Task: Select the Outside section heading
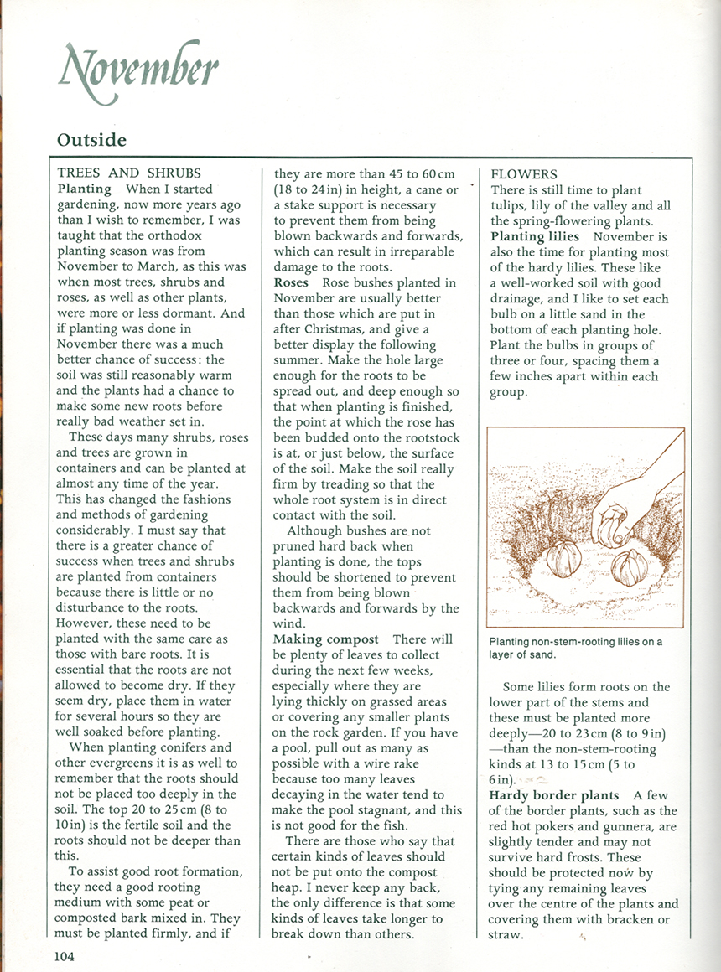[x=91, y=140]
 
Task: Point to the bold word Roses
[x=292, y=282]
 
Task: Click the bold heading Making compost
[x=326, y=639]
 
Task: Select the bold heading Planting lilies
[x=535, y=236]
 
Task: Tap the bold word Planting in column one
[x=84, y=189]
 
